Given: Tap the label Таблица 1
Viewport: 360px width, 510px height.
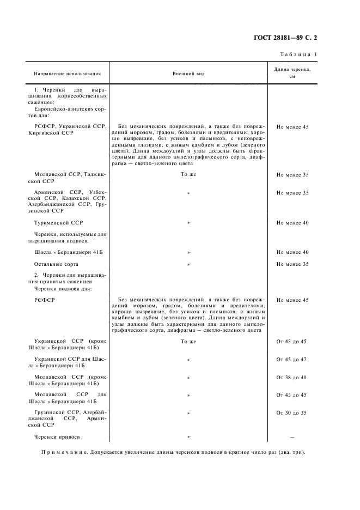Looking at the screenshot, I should click(298, 54).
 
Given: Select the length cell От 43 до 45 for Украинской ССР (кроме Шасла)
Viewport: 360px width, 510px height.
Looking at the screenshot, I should click(292, 342).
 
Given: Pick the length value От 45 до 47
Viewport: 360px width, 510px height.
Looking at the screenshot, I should click(292, 360).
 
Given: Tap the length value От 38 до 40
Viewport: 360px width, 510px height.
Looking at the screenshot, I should click(292, 378).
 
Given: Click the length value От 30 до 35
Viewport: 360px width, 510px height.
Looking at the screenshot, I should click(292, 413).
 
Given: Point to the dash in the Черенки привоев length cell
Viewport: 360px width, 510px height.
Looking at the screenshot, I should click(292, 437).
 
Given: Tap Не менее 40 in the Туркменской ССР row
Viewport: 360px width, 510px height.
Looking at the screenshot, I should click(292, 223).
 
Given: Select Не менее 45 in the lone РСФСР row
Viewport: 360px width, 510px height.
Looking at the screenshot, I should click(292, 300).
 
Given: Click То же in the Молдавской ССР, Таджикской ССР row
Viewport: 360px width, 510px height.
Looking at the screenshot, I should click(188, 175).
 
